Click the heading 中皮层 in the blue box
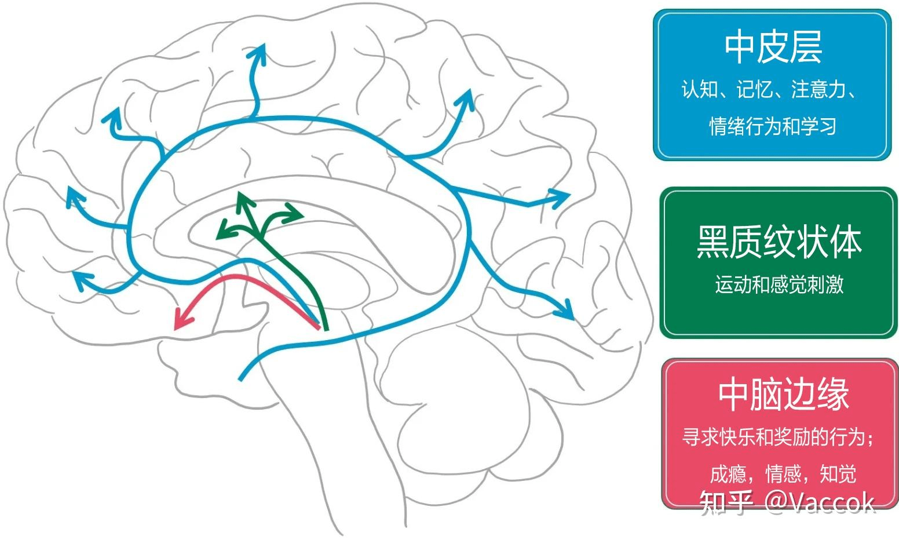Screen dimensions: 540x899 (773, 48)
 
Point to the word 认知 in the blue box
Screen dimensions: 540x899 (699, 90)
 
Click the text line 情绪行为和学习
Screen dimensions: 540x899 (773, 126)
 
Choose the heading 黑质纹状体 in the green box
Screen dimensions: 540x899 (779, 242)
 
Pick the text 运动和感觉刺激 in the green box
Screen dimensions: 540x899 (779, 284)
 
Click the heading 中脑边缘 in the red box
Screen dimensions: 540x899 (783, 395)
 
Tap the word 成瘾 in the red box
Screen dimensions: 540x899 (728, 474)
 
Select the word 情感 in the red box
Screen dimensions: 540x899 (783, 474)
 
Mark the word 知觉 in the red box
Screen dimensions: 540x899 (838, 474)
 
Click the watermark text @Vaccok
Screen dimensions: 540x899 (819, 502)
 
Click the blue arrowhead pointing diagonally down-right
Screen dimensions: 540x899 (566, 311)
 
